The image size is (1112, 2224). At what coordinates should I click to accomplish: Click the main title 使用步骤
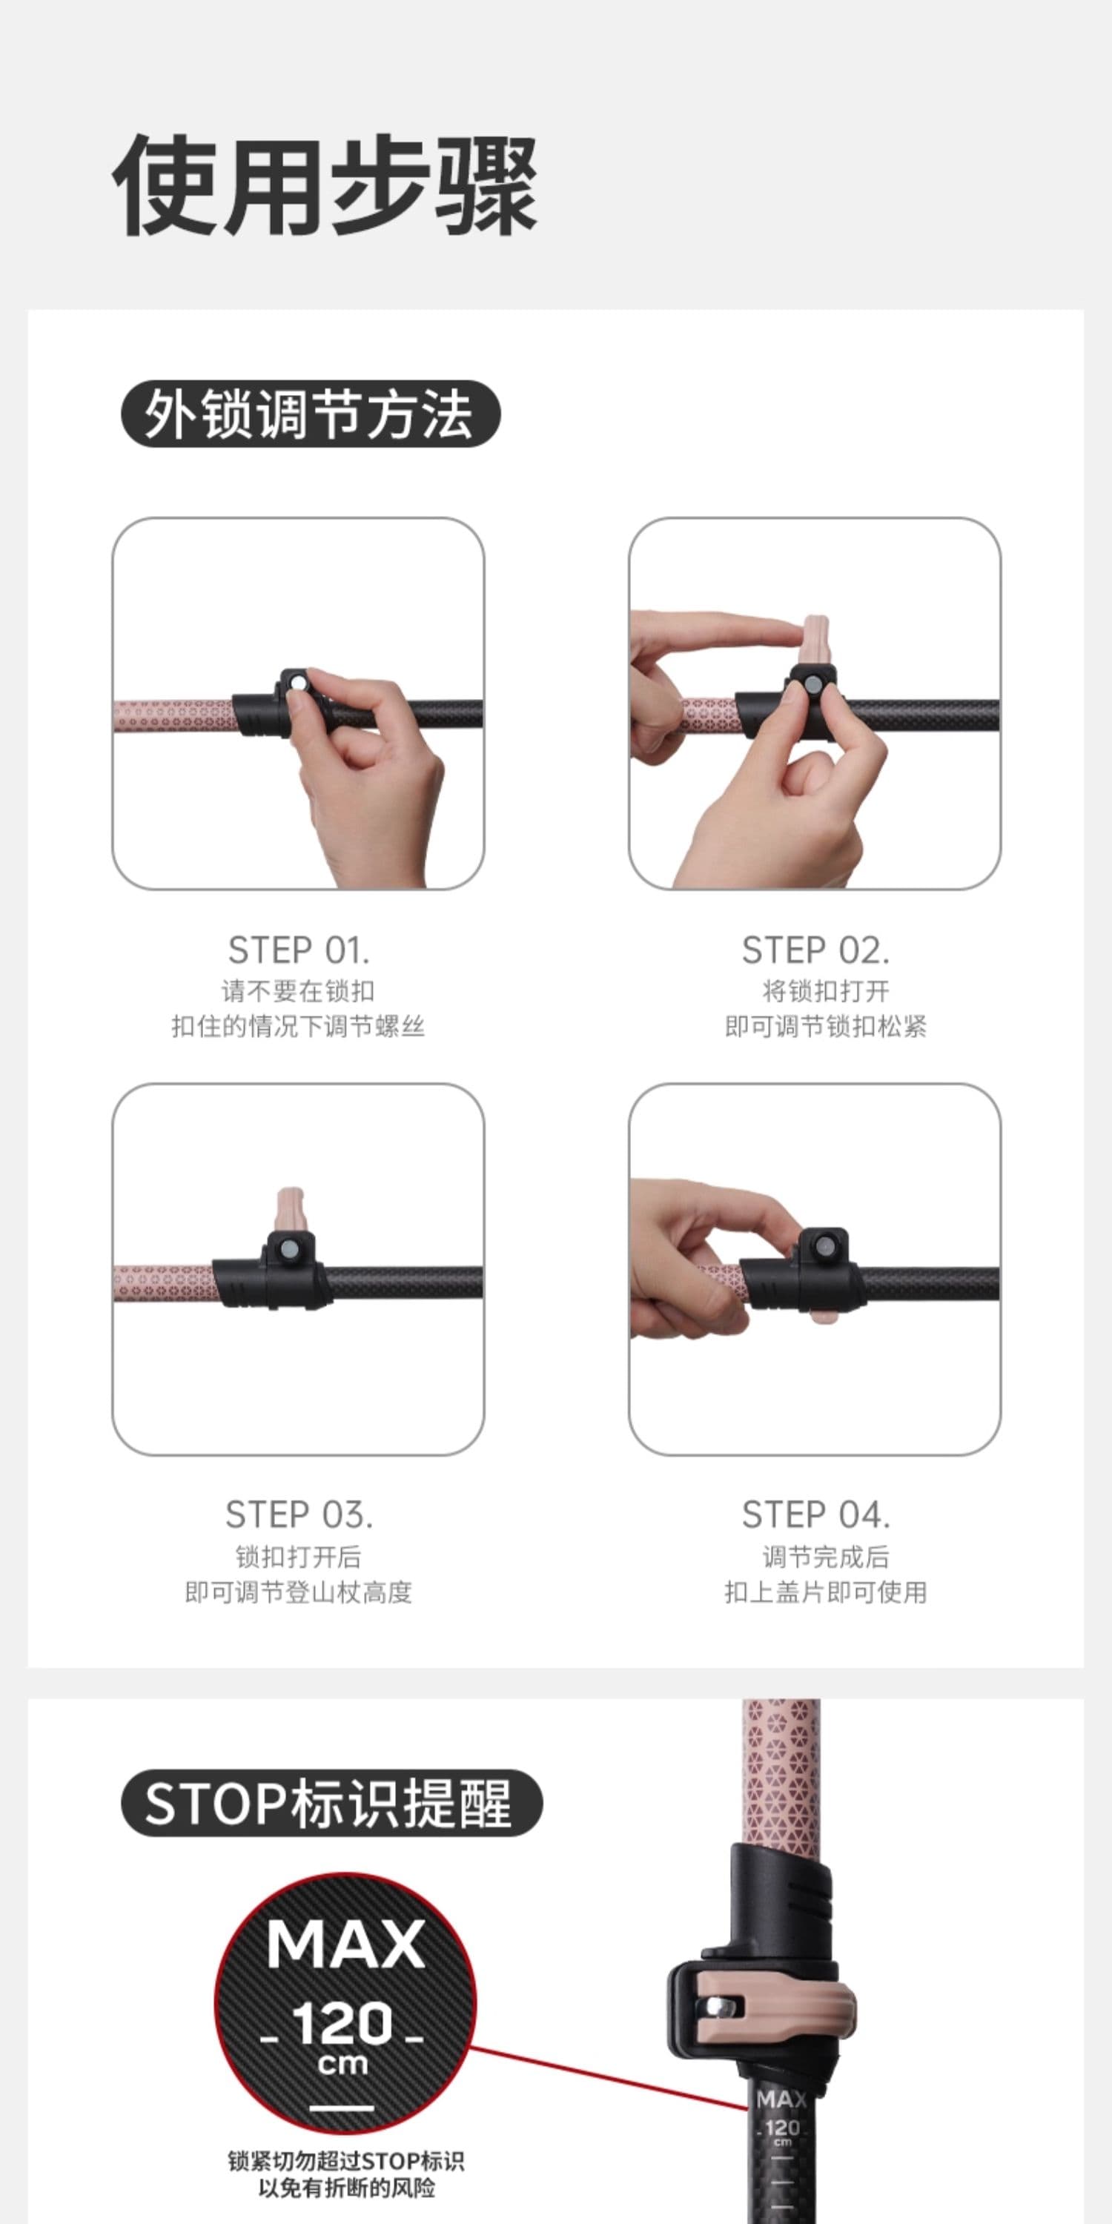pos(325,185)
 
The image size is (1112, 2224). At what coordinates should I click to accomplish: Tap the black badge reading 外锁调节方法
pos(311,414)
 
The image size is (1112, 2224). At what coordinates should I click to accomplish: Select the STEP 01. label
pos(299,950)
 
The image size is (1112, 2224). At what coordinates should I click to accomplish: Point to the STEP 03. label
pos(299,1515)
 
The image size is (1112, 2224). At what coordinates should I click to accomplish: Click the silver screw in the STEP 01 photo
pos(299,683)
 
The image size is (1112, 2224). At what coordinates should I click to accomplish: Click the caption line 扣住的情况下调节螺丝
pos(298,1027)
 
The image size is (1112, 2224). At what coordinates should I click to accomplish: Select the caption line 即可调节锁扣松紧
pos(825,1027)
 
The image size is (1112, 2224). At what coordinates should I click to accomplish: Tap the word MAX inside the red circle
pos(345,1945)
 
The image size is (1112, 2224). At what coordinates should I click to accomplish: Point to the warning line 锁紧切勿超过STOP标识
pos(346,2161)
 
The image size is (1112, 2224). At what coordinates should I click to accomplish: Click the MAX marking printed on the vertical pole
pos(781,2099)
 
